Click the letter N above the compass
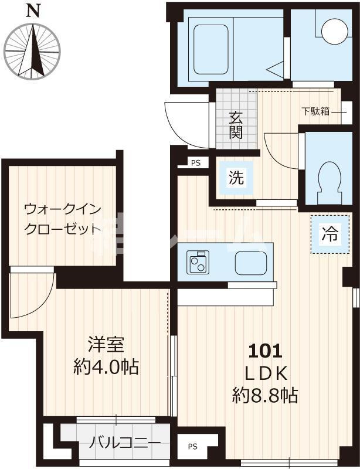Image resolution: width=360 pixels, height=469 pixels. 33,10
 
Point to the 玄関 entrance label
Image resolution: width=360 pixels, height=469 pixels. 236,124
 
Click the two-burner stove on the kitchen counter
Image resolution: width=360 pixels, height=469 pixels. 199,262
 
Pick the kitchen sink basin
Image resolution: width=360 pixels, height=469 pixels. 251,263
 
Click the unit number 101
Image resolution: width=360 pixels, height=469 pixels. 266,351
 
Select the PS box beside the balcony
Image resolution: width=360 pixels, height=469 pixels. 193,447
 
